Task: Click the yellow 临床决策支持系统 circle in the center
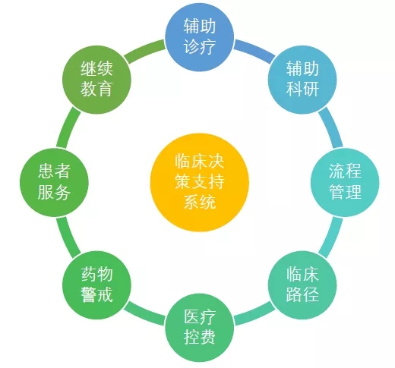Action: coord(200,182)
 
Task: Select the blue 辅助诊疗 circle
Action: coord(200,37)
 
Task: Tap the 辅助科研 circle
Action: coord(302,80)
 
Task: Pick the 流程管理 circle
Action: coord(345,182)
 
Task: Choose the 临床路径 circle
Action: coord(302,285)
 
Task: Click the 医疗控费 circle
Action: coord(200,328)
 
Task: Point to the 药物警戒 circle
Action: coord(96,285)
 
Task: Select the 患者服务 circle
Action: coord(54,182)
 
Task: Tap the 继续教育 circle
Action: coord(96,80)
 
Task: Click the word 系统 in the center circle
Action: coord(200,202)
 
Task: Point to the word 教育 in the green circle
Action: coord(96,89)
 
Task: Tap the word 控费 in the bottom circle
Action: coord(200,336)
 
